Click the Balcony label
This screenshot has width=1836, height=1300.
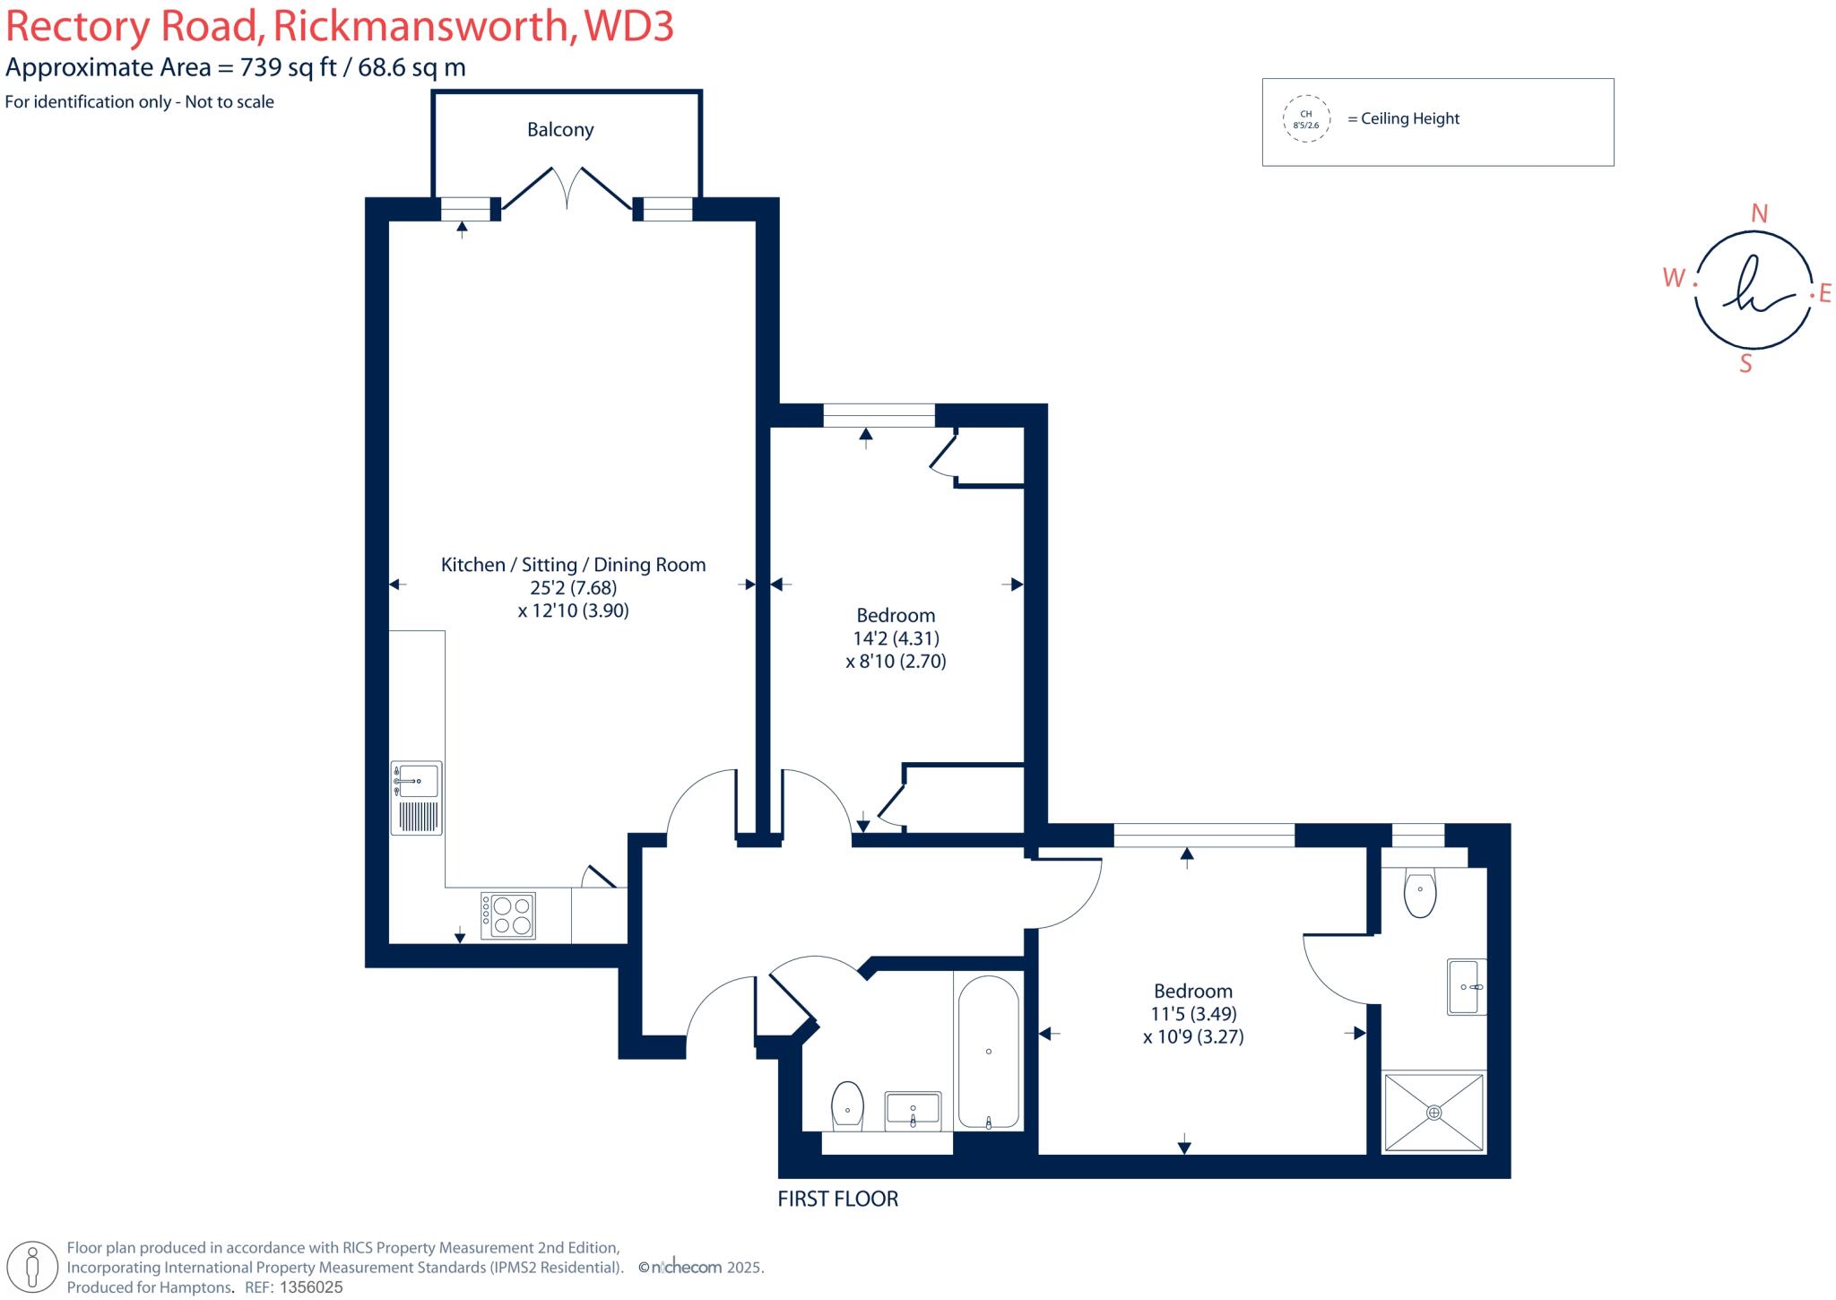tap(560, 130)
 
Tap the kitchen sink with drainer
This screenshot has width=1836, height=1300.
tap(417, 797)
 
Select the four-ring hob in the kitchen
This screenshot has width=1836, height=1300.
tap(508, 915)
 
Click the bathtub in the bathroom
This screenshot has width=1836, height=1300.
tap(988, 1052)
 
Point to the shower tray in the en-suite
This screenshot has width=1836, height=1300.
tap(1433, 1112)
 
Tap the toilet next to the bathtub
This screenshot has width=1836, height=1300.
tap(847, 1104)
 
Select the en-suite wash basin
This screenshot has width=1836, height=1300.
tap(1467, 987)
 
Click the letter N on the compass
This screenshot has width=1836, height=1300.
tap(1759, 213)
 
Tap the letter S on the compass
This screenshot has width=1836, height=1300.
tap(1745, 364)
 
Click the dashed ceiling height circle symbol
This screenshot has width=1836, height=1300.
tap(1305, 120)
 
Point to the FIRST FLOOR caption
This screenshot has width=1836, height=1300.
tap(837, 1199)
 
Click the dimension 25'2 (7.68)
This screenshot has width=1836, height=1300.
tap(573, 588)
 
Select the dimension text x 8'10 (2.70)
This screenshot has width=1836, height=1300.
tap(896, 662)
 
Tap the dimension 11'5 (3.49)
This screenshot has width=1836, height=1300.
tap(1193, 1014)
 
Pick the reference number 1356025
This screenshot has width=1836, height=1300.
tap(311, 1287)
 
